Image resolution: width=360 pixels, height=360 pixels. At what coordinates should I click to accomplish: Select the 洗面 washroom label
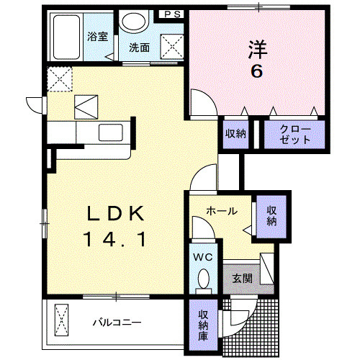pos(139,48)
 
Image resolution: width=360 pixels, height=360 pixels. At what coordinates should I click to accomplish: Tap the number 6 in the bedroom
pos(256,71)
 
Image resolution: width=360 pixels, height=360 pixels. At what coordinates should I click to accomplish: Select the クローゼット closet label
pos(292,134)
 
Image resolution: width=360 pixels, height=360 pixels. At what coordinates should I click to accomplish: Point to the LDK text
pos(117,213)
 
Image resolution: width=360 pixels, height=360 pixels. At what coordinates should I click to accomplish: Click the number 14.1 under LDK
pos(117,238)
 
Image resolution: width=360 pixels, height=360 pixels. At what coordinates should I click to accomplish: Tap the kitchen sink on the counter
pos(111,132)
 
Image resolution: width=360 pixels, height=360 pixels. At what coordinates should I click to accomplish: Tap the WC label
pos(202,256)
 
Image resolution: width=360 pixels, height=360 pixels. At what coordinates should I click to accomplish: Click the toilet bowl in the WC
pos(202,279)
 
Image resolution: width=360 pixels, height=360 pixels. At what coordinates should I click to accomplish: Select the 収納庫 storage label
pos(204,323)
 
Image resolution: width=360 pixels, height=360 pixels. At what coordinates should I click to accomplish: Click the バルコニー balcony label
pos(116,322)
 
